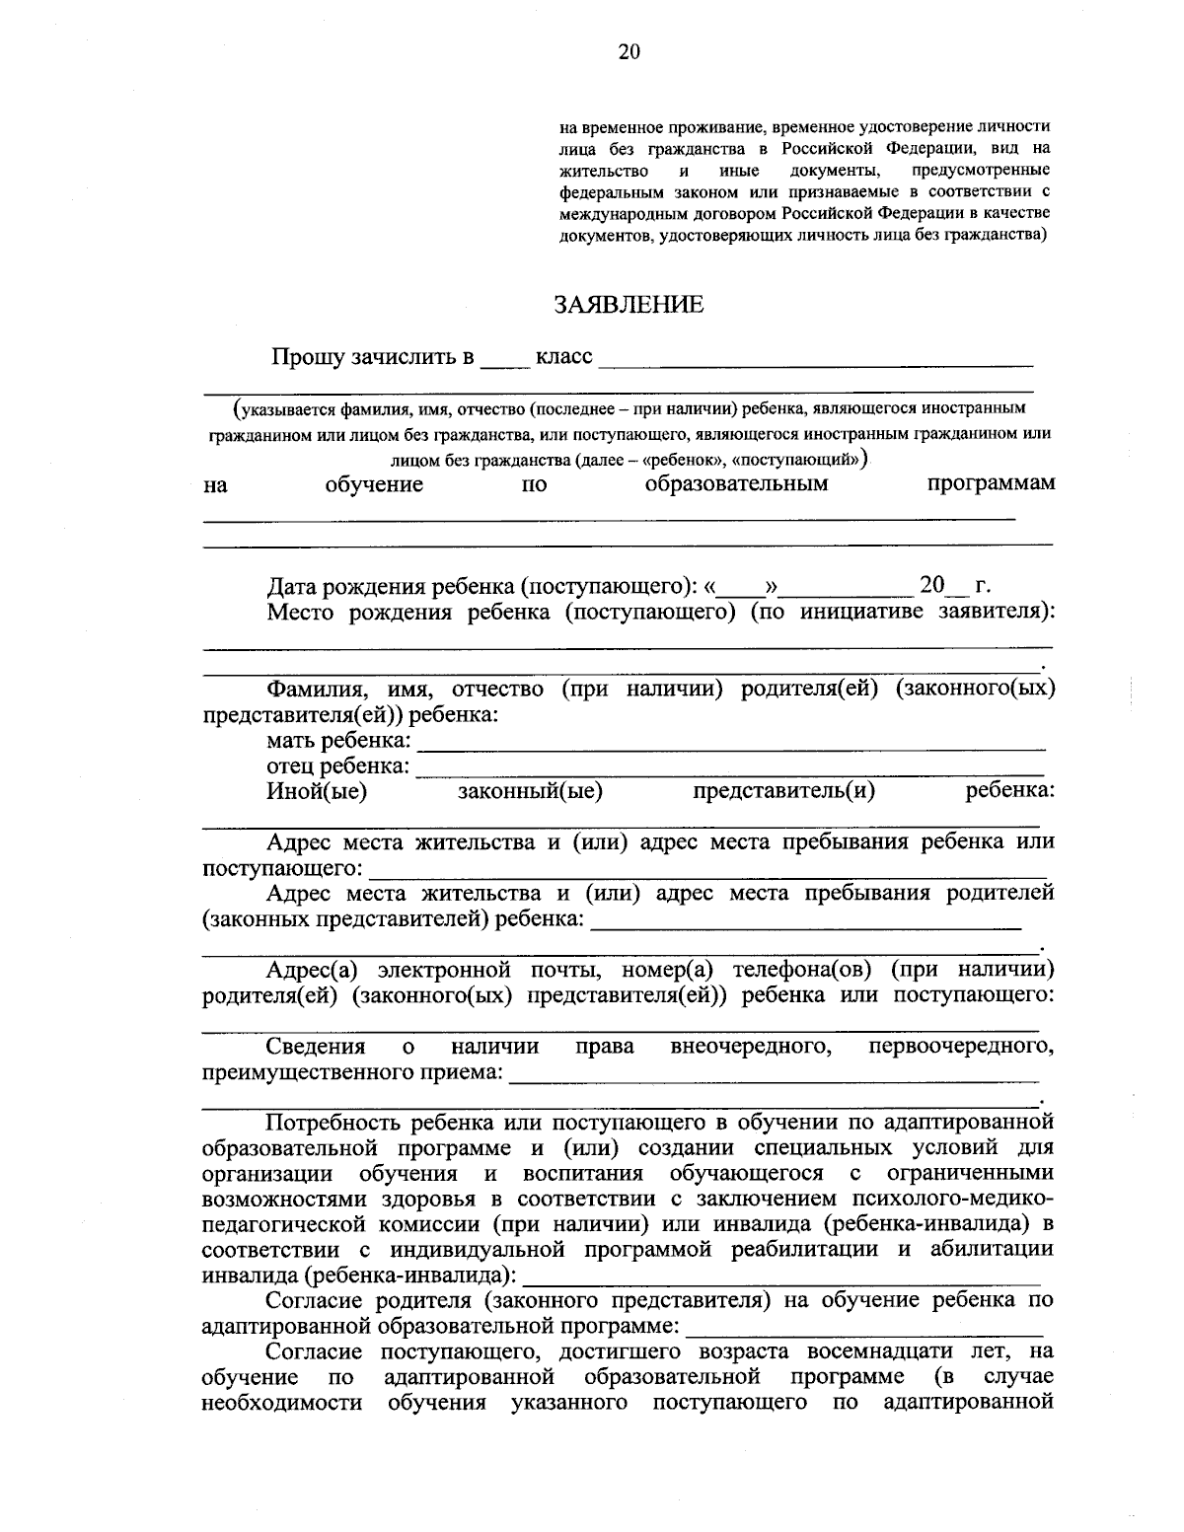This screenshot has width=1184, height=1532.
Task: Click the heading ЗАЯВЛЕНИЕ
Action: click(629, 305)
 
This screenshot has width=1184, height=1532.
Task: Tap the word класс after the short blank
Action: click(563, 356)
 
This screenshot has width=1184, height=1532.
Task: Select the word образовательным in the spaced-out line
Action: click(736, 484)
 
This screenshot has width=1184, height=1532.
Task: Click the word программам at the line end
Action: click(991, 484)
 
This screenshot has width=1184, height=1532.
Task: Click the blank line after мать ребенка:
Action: click(730, 748)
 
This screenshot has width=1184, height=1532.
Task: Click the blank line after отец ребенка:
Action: click(730, 773)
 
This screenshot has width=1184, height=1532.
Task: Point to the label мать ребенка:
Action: click(337, 740)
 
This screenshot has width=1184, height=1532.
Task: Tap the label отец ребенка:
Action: click(336, 766)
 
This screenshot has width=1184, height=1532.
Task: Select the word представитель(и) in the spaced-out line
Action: click(783, 790)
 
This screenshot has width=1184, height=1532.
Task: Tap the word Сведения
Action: click(316, 1046)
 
